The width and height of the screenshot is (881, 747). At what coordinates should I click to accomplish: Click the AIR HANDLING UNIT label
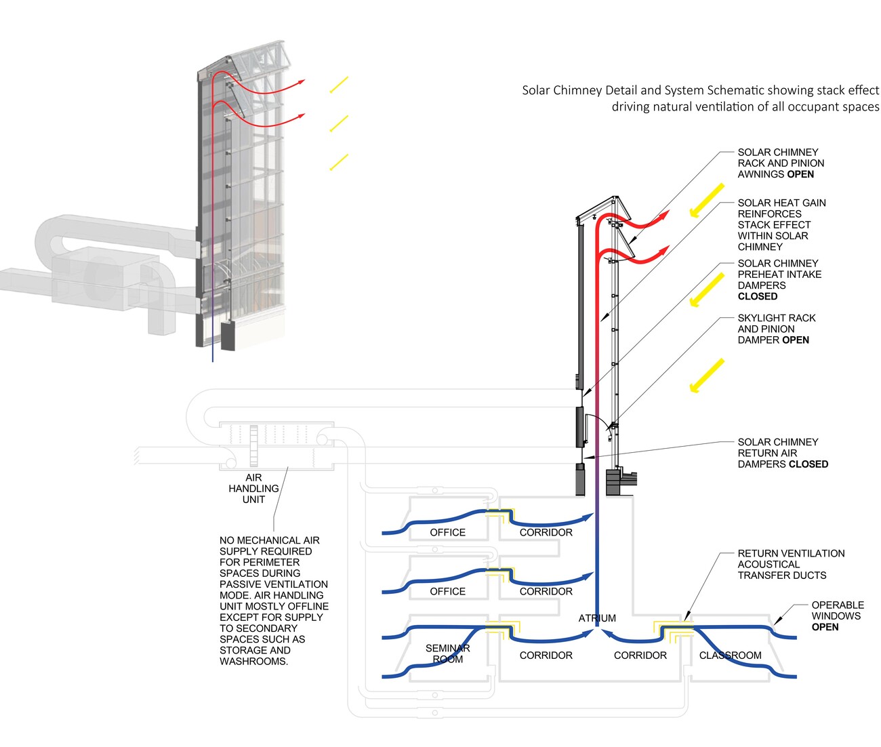pos(253,489)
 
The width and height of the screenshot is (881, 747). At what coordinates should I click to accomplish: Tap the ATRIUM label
pos(597,618)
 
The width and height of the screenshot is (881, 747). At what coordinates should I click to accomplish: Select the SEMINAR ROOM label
pos(447,653)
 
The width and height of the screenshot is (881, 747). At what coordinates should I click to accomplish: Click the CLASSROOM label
pos(730,655)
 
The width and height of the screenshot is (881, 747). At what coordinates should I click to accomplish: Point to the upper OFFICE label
pos(447,533)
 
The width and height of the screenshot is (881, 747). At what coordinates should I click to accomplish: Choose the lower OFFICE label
pos(447,592)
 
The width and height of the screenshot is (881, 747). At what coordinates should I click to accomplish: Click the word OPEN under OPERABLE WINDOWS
pos(825,627)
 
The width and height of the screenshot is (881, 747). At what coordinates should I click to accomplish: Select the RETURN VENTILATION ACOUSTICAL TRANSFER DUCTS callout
pos(791,565)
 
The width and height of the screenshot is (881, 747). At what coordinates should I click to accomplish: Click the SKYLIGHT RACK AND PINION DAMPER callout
pos(777,329)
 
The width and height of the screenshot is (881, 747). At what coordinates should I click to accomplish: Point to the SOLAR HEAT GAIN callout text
pos(781,224)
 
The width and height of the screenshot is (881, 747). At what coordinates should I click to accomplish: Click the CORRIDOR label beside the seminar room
pos(546,655)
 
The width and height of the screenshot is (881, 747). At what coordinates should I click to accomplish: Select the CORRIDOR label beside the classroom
pos(640,655)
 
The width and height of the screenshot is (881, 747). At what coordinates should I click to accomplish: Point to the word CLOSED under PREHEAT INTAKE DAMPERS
pos(758,296)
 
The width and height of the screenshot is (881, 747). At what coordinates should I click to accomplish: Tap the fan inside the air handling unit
pos(254,443)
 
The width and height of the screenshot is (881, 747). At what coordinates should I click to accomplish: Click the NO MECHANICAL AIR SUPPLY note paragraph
pos(274,601)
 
